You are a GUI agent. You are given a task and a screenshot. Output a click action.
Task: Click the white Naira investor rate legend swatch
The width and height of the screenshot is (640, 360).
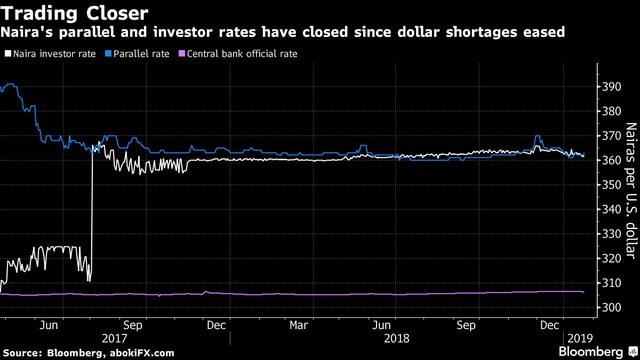pos(7,54)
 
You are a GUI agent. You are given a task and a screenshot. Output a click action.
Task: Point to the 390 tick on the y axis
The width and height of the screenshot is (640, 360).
pos(612,87)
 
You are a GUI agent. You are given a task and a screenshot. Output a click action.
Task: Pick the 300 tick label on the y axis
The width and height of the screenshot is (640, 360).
pos(612,308)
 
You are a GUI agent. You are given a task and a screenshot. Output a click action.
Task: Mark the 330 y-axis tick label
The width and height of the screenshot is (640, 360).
pos(612,234)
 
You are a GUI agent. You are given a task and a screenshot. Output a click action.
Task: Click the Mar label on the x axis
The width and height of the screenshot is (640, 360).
pos(299,324)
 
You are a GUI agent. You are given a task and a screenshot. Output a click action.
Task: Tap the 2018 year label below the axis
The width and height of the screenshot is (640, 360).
pos(396,338)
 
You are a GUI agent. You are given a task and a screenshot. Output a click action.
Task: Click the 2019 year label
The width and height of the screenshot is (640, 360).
pos(580,338)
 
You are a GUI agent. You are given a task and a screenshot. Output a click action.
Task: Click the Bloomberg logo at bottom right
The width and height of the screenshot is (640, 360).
pos(590,352)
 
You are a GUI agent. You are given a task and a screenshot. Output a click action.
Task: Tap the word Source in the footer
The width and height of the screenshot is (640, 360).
pos(22,353)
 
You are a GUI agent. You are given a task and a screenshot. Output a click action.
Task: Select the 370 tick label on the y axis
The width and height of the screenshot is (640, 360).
pos(612,136)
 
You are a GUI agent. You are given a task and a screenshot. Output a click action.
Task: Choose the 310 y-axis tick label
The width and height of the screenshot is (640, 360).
pos(612,283)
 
